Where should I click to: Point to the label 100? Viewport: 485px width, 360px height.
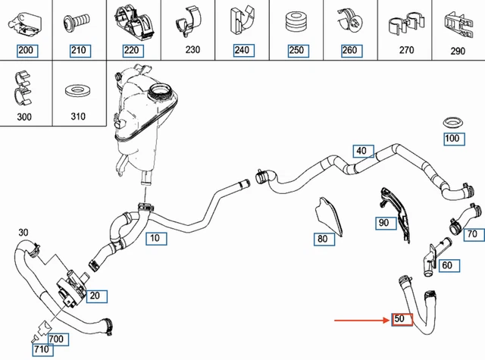(x=453, y=139)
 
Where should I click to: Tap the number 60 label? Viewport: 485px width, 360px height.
(x=447, y=265)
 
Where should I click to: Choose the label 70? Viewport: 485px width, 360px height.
(x=471, y=235)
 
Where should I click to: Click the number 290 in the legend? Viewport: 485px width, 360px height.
(x=458, y=52)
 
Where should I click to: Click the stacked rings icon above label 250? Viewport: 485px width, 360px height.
(x=294, y=22)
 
